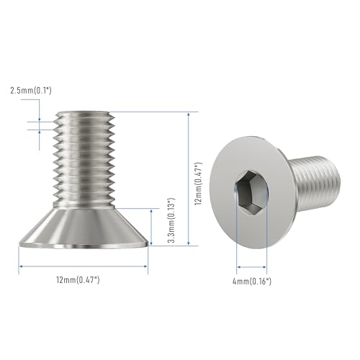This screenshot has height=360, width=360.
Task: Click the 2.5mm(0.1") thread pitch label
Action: tap(31, 91)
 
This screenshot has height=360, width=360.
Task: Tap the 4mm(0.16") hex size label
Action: tap(252, 281)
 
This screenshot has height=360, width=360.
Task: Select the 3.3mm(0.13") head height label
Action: tap(171, 220)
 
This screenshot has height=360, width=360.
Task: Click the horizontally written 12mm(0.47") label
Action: tap(78, 280)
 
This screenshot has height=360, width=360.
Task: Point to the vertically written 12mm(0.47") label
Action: tap(199, 184)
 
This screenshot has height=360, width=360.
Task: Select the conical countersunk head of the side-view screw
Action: tap(84, 228)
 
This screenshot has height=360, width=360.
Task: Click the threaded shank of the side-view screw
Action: tap(84, 160)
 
